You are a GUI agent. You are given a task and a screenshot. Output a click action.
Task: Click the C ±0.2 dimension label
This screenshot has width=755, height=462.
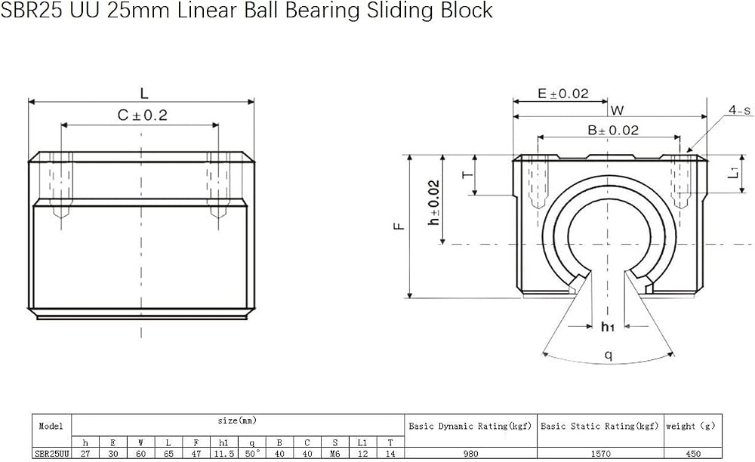[x=143, y=115]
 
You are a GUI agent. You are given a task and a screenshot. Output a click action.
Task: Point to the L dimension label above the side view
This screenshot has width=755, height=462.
[x=144, y=94]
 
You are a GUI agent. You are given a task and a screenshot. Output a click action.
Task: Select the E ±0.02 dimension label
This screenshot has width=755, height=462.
[x=563, y=94]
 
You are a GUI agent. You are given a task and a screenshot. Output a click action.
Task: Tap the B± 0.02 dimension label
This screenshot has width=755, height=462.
[x=613, y=130]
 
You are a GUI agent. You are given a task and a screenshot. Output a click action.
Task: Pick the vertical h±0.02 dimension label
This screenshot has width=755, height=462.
[x=434, y=202]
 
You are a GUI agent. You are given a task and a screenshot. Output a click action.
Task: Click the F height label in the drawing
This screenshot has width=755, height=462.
[x=399, y=226]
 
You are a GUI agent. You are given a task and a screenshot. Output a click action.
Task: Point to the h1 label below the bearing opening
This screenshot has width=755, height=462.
[x=608, y=328]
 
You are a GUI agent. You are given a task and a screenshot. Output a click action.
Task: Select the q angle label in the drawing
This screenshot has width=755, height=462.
[x=609, y=355]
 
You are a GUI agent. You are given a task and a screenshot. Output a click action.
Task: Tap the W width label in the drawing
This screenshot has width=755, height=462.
[x=618, y=110]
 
